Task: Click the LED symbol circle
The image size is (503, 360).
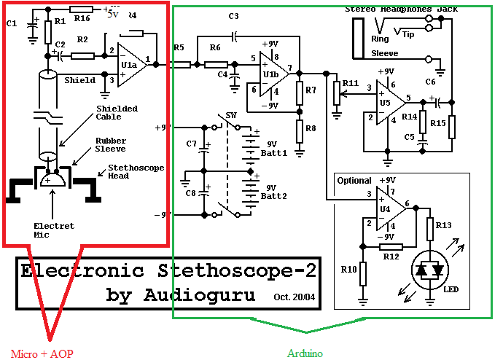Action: tap(428, 270)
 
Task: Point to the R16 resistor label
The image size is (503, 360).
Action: tap(81, 18)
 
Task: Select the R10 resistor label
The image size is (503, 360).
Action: tap(348, 270)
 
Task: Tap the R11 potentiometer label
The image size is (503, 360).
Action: tap(350, 84)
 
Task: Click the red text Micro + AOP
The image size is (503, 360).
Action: tap(42, 353)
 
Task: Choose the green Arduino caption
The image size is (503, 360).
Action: tap(305, 353)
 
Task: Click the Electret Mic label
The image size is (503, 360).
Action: tap(54, 230)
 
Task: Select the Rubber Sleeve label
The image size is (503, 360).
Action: tap(112, 146)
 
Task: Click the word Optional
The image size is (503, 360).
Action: tap(354, 180)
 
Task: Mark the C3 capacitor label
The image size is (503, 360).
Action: tap(233, 16)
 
